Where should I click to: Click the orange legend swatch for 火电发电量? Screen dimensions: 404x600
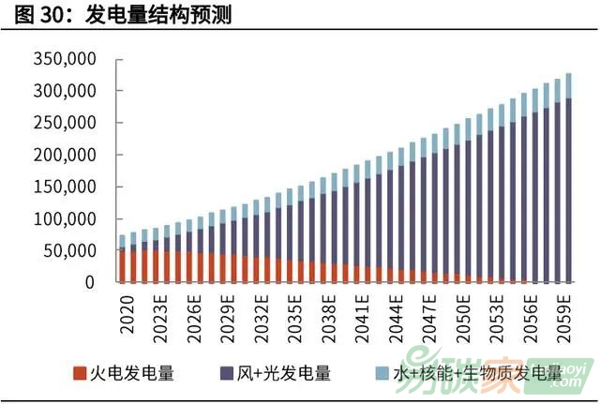pyautogui.click(x=81, y=373)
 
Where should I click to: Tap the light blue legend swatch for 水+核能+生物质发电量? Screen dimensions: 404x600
pyautogui.click(x=373, y=373)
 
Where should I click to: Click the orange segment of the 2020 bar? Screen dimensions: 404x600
pyautogui.click(x=123, y=265)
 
